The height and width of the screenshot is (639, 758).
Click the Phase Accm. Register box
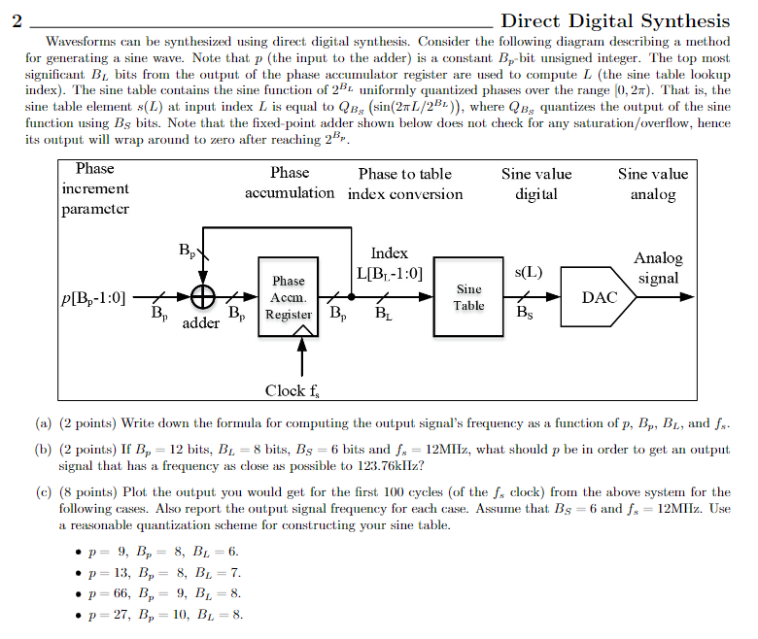288,297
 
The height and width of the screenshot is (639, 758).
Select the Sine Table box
468,297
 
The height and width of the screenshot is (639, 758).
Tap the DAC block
599,297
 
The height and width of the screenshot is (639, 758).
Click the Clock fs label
293,390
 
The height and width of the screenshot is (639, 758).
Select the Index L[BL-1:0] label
390,263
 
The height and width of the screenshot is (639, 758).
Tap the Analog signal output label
659,268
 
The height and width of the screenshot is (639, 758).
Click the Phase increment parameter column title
94,188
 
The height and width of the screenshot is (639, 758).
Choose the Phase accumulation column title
290,183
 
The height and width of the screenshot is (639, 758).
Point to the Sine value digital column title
536,184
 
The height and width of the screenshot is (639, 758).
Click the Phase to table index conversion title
405,184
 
